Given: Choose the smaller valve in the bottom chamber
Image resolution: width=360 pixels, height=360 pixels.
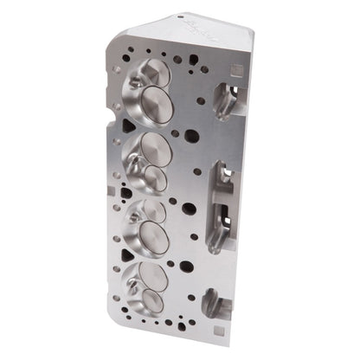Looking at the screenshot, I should [151, 300].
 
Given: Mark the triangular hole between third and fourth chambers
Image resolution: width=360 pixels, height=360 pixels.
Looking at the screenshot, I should [126, 257].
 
